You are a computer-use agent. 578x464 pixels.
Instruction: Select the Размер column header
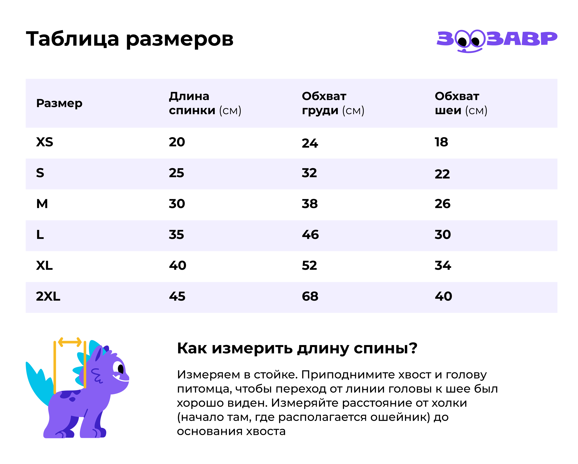click(59, 103)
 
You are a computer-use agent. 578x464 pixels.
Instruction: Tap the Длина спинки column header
click(205, 103)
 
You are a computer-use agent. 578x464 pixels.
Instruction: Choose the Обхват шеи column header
click(461, 103)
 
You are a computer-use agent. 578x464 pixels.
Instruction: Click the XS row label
click(45, 142)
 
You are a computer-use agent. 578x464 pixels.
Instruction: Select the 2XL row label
click(48, 296)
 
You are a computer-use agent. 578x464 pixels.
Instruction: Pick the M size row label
click(42, 204)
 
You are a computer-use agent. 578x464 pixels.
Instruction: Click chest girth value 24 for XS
click(310, 143)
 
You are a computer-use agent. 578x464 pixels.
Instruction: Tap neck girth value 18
click(441, 142)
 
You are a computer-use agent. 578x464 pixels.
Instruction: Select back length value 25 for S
click(176, 173)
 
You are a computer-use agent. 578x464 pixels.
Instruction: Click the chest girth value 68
click(310, 296)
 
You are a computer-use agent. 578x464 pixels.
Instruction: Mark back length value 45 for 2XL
click(177, 296)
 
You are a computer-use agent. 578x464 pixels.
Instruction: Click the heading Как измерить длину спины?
click(297, 348)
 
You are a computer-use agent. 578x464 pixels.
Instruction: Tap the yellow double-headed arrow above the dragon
click(70, 342)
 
